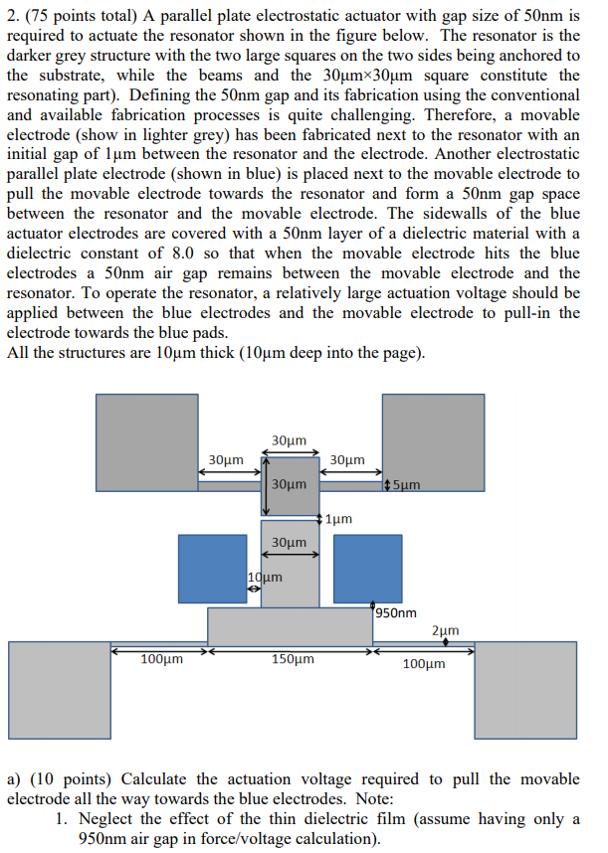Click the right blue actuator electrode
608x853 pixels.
point(367,569)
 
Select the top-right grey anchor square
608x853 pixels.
point(434,441)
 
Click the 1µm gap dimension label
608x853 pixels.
point(338,519)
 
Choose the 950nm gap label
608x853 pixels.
point(397,613)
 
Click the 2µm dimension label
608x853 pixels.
point(446,630)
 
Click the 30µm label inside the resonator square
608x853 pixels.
point(289,484)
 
